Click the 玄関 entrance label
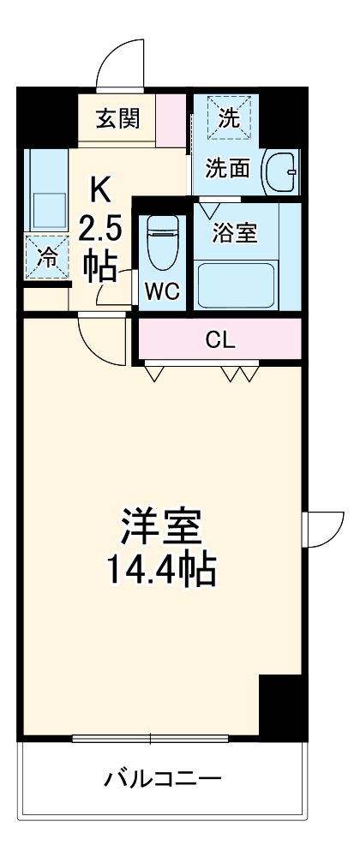click(x=117, y=118)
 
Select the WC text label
click(x=161, y=291)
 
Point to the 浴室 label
click(x=234, y=233)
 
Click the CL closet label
click(x=219, y=339)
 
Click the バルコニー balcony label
click(x=163, y=778)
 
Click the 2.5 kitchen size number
click(x=101, y=229)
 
